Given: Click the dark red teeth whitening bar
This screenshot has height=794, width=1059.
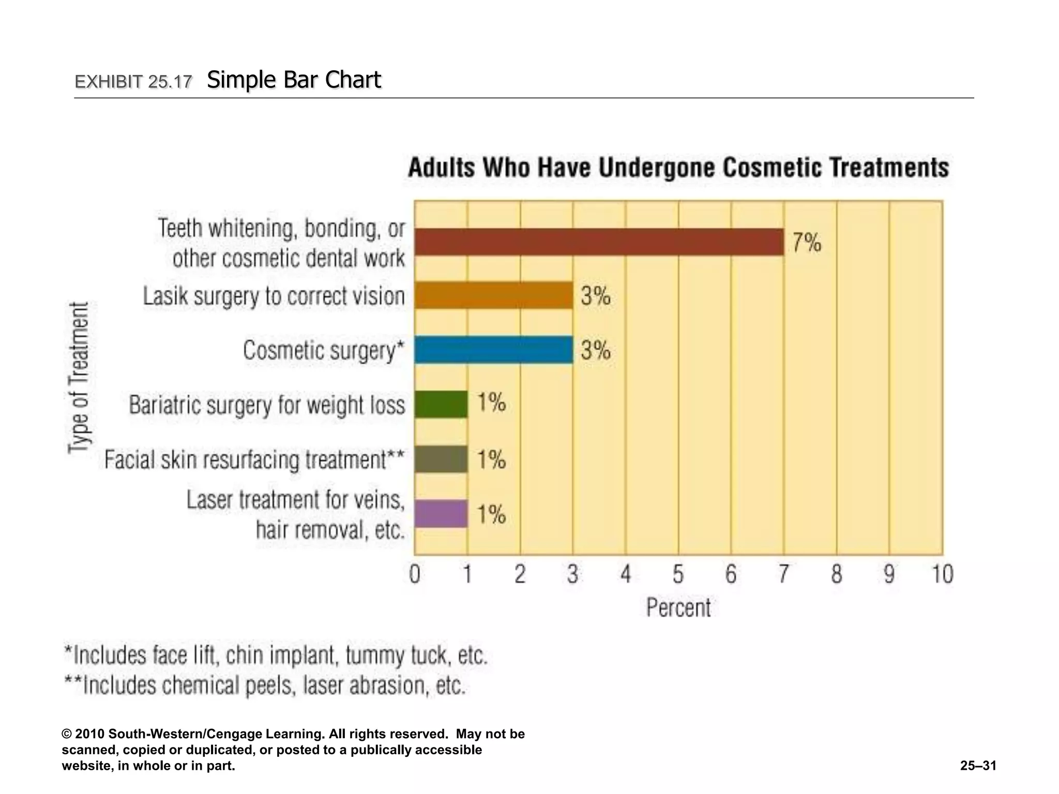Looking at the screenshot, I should pos(599,242).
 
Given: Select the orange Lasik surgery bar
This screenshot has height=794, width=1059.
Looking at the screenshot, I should pos(493,295).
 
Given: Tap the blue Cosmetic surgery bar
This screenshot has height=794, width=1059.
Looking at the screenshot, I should pos(493,350).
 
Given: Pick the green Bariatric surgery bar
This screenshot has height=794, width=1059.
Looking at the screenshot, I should pos(441,404).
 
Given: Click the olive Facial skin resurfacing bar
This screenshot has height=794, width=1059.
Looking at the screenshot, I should pos(441,459).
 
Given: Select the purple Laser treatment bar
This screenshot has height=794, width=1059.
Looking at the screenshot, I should pos(441,514).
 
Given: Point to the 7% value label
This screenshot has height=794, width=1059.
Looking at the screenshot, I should pos(807,242).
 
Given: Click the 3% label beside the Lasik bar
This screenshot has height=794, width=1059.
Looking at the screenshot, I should pos(596,296).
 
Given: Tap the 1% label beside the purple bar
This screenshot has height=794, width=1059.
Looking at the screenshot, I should pos(491,514).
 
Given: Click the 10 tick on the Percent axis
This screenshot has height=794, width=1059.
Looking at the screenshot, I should pos(942,574).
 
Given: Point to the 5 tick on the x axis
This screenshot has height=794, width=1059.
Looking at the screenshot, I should pos(678,574).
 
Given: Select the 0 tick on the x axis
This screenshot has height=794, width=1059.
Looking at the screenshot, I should pos(415,574).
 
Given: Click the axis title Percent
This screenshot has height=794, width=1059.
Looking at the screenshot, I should pos(678,607).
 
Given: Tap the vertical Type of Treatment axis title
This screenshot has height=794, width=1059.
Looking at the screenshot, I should pos(79,377).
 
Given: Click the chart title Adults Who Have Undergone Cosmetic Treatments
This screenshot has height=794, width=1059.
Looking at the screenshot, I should pos(678,168).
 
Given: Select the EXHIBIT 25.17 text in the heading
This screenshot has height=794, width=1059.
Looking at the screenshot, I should pos(133,82).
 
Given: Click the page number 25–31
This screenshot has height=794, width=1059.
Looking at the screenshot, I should pos(978,766).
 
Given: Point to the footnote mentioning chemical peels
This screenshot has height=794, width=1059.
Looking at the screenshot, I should pos(265,685).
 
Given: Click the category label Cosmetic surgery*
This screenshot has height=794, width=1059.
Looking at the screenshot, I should pos(323,350).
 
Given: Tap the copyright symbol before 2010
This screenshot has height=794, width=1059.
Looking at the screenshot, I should pos(67,735).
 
